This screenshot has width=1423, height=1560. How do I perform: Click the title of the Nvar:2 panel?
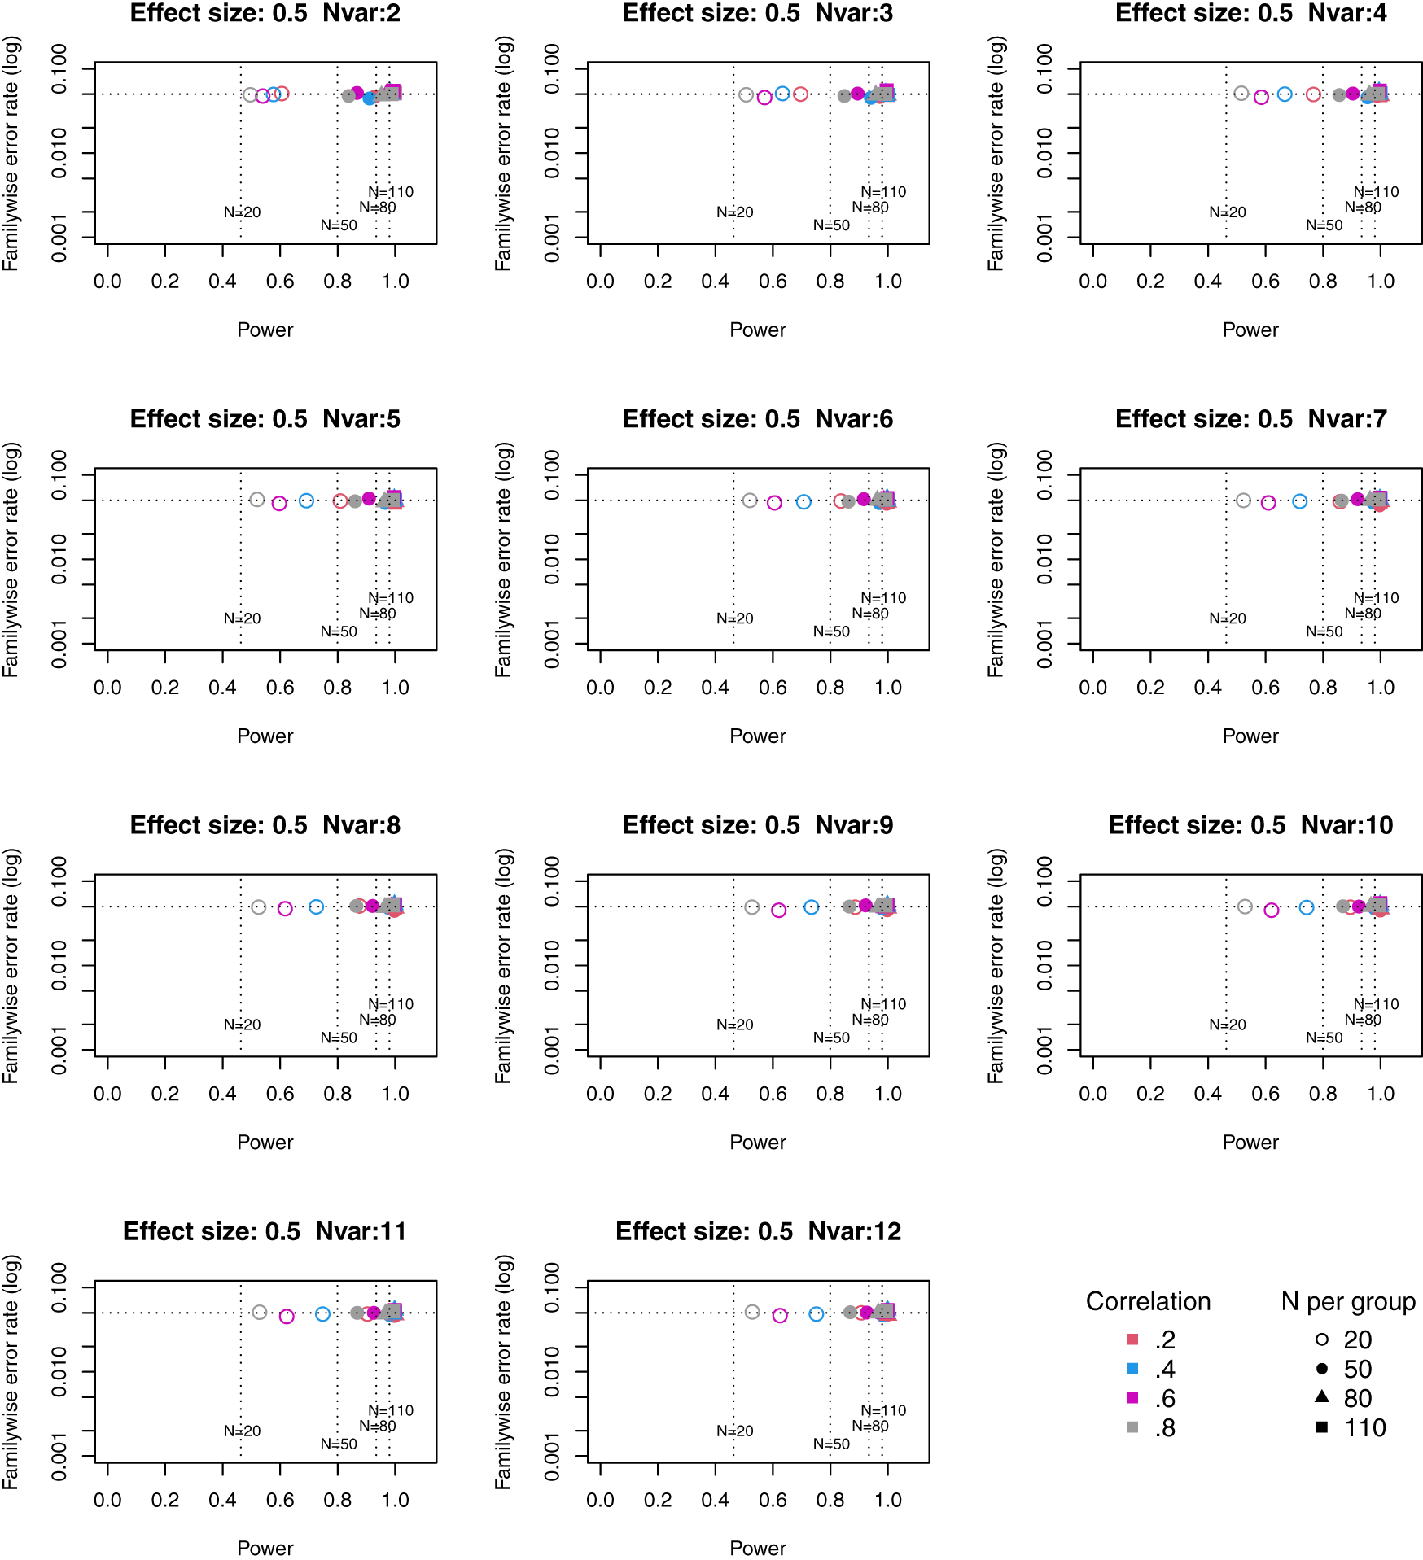pyautogui.click(x=265, y=13)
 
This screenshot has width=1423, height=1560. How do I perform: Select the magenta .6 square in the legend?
pyautogui.click(x=1132, y=1398)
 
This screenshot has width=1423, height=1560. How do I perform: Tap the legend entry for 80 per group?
pyautogui.click(x=1321, y=1397)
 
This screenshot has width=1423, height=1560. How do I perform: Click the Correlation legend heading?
pyautogui.click(x=1148, y=1301)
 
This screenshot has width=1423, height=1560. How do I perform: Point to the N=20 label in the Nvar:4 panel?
pyautogui.click(x=1227, y=212)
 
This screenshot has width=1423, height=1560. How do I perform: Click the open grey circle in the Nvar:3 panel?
pyautogui.click(x=746, y=95)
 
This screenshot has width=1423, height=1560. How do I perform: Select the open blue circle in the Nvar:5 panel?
pyautogui.click(x=306, y=500)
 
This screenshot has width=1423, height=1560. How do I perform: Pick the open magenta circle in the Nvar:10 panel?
pyautogui.click(x=1272, y=910)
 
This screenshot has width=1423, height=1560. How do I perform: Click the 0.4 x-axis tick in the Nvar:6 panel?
pyautogui.click(x=715, y=688)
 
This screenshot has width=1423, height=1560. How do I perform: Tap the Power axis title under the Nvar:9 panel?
pyautogui.click(x=757, y=1142)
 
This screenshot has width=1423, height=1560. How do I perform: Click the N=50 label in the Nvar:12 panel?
pyautogui.click(x=831, y=1444)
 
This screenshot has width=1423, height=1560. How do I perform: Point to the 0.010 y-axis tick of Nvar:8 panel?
pyautogui.click(x=59, y=965)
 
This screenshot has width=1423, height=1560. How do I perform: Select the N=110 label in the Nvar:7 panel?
pyautogui.click(x=1376, y=598)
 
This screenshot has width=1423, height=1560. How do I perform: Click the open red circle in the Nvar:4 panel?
pyautogui.click(x=1313, y=94)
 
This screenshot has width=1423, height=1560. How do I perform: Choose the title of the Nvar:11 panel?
pyautogui.click(x=265, y=1231)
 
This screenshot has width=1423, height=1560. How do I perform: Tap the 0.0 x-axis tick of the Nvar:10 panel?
pyautogui.click(x=1092, y=1094)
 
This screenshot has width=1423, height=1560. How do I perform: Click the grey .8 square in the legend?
pyautogui.click(x=1132, y=1427)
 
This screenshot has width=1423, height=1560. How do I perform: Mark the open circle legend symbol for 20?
pyautogui.click(x=1321, y=1339)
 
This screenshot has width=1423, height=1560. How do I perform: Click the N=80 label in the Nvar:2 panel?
pyautogui.click(x=378, y=208)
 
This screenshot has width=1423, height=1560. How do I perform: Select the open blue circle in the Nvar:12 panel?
pyautogui.click(x=817, y=1314)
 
